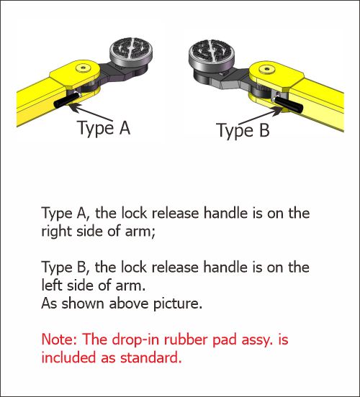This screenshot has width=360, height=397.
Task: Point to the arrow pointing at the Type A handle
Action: click(x=87, y=112)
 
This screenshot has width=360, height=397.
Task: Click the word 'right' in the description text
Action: click(x=57, y=231)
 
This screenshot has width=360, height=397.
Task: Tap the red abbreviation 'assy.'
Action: click(x=279, y=338)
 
